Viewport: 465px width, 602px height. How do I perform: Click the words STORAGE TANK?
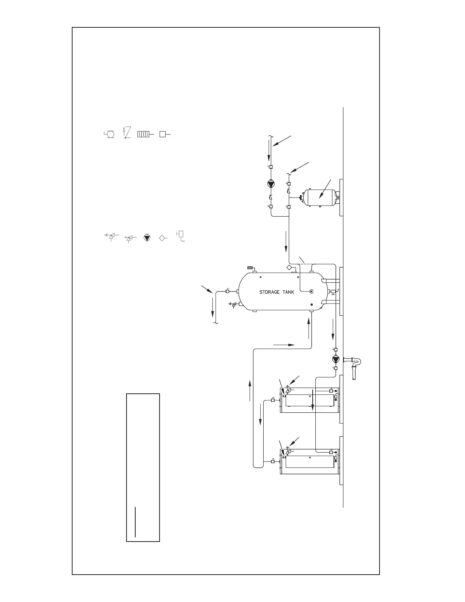[x=277, y=292]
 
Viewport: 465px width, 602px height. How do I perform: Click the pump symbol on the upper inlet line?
[x=270, y=184]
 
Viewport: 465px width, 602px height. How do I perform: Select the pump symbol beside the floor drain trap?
[x=336, y=359]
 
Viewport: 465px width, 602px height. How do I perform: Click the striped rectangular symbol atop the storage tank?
[x=251, y=268]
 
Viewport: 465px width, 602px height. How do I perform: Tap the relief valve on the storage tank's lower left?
[x=234, y=304]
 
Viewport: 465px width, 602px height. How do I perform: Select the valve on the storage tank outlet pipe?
[x=228, y=291]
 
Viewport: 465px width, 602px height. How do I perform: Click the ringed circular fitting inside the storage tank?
[x=312, y=291]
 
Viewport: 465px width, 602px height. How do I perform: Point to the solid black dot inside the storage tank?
[x=312, y=305]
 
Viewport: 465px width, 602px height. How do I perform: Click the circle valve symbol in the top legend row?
[x=110, y=135]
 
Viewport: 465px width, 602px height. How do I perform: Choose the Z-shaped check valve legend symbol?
[x=127, y=132]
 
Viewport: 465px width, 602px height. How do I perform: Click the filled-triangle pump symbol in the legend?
[x=147, y=238]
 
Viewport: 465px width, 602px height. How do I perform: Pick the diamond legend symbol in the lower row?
[x=163, y=238]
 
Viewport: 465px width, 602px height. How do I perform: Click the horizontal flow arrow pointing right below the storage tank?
[x=284, y=345]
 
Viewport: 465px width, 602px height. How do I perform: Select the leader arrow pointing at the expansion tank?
[x=325, y=189]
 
